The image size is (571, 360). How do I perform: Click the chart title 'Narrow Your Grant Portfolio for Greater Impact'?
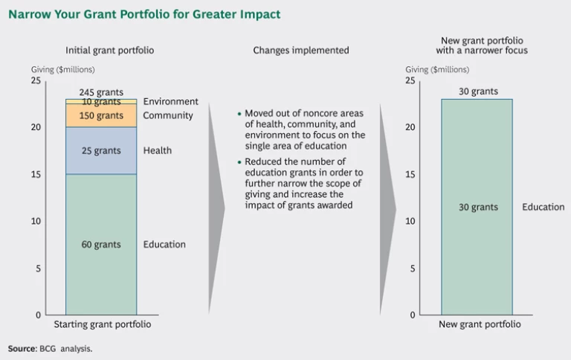coord(144,14)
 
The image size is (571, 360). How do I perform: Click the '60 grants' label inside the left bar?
coord(101,245)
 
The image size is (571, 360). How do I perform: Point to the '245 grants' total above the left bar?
coord(101,92)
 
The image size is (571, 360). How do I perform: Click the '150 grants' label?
coord(101,116)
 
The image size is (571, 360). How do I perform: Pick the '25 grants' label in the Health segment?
coord(101,151)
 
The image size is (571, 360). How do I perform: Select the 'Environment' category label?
coord(171,102)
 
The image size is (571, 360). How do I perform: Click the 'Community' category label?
coord(168,116)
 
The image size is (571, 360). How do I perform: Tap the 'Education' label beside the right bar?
coord(543,207)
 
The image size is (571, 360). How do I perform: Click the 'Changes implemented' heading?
coord(300,51)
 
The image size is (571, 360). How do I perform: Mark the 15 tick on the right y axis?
coord(410,175)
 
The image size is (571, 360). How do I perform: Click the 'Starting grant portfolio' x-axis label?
coord(103,325)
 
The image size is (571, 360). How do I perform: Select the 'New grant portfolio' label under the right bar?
coord(480,325)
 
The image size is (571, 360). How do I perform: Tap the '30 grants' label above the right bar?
coord(478,91)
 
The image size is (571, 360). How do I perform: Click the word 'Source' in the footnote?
coord(22,348)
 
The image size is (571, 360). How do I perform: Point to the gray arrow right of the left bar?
coord(216,208)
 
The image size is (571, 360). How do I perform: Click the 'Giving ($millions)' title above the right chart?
coord(437,70)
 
